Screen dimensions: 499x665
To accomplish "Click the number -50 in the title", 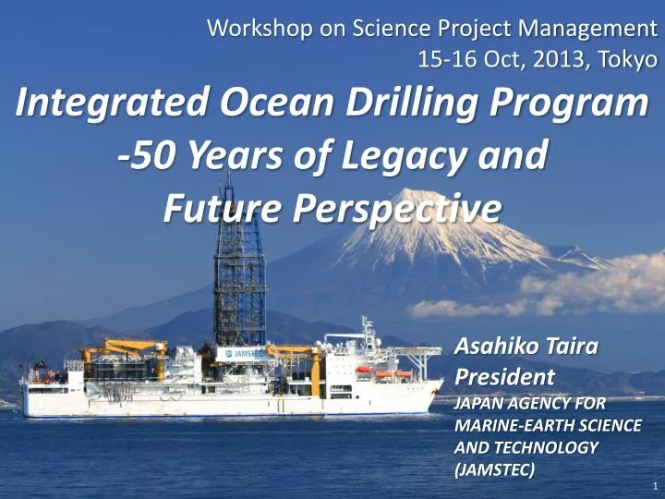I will coord(148,156).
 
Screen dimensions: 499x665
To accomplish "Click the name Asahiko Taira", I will coord(527,347).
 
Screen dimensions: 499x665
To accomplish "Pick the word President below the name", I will coord(505,377).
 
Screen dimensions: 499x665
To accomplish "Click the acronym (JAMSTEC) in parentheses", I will coord(494,469).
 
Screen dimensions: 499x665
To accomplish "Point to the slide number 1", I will coord(653,484).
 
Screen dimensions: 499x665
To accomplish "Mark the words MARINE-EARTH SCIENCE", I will coord(549,425).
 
